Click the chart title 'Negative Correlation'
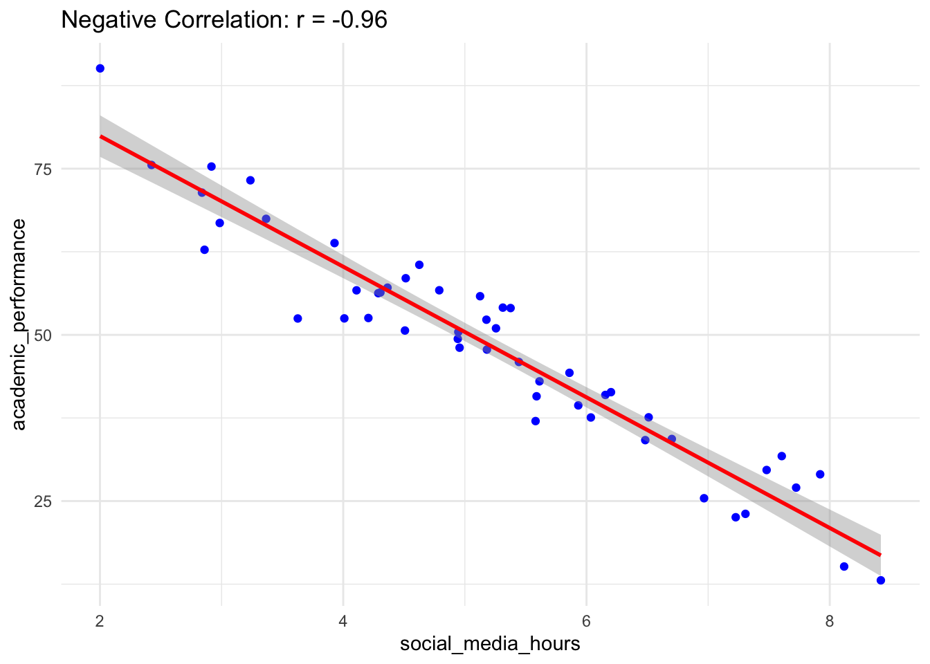click(170, 20)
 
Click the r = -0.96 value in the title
click(341, 20)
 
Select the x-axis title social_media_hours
click(490, 644)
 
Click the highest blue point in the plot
click(100, 68)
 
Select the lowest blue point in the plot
click(880, 580)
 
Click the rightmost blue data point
click(880, 580)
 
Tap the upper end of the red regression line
click(101, 137)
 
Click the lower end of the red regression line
click(879, 555)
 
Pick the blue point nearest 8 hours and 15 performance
click(844, 566)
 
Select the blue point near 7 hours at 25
click(704, 498)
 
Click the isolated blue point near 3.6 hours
click(298, 319)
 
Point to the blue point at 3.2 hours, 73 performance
click(250, 181)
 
